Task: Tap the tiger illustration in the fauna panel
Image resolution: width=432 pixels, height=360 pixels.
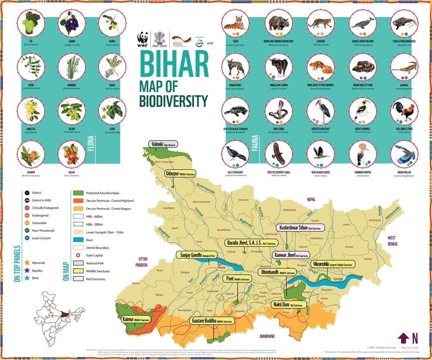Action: point(234,23)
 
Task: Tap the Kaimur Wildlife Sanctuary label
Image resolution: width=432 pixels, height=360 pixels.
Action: point(136,319)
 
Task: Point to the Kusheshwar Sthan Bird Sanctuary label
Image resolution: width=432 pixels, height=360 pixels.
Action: point(300,227)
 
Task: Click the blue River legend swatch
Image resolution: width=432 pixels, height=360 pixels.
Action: point(78,240)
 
